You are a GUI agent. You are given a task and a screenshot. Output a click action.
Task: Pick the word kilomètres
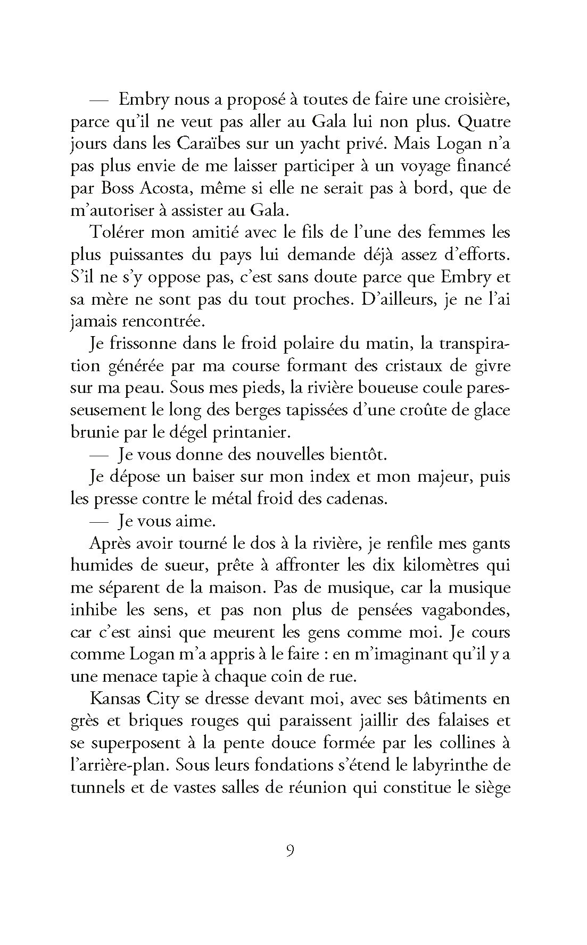click(x=428, y=566)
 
